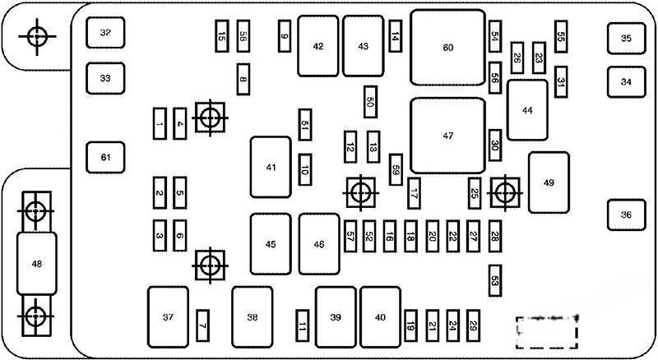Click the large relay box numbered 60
pyautogui.click(x=447, y=48)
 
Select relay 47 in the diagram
pyautogui.click(x=447, y=134)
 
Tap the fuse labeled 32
pyautogui.click(x=105, y=33)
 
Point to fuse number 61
pyautogui.click(x=105, y=157)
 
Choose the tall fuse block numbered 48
pyautogui.click(x=37, y=264)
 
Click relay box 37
pyautogui.click(x=168, y=316)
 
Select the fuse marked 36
pyautogui.click(x=626, y=215)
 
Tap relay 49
pyautogui.click(x=549, y=182)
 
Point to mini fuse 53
pyautogui.click(x=494, y=280)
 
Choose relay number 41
pyautogui.click(x=271, y=168)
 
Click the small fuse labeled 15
pyautogui.click(x=222, y=36)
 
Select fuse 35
pyautogui.click(x=626, y=38)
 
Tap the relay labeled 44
pyautogui.click(x=527, y=110)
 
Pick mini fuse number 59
pyautogui.click(x=396, y=169)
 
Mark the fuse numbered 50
pyautogui.click(x=370, y=102)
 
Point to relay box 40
pyautogui.click(x=380, y=317)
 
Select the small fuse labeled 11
pyautogui.click(x=303, y=327)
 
